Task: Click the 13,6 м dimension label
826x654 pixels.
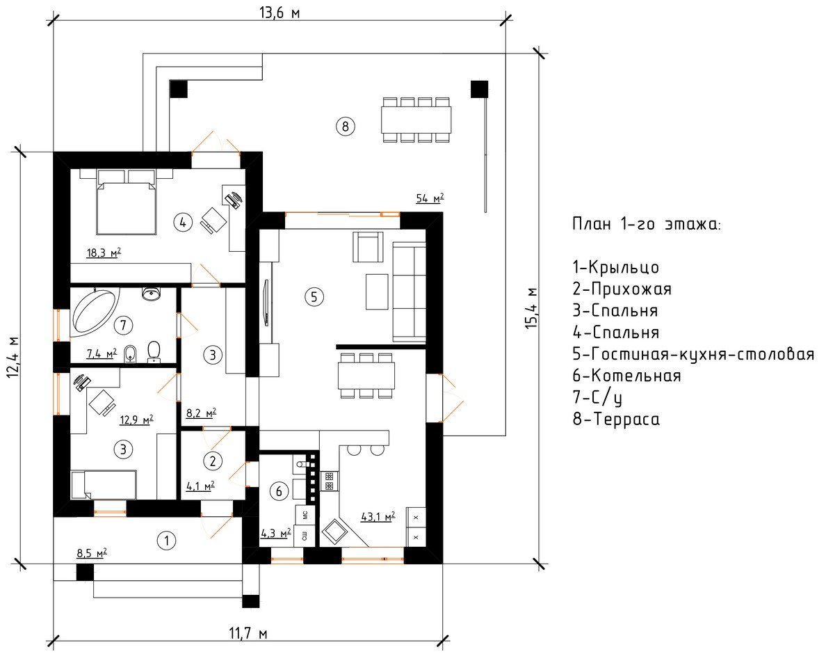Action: click(x=280, y=12)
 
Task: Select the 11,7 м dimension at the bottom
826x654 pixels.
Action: click(x=248, y=632)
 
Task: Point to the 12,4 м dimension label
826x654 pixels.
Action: click(x=13, y=358)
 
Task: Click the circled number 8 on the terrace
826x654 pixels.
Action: click(x=345, y=126)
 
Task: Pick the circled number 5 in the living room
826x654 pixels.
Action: click(x=314, y=296)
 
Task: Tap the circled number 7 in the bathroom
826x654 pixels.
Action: click(x=123, y=325)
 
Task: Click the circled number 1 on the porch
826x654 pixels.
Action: click(x=167, y=540)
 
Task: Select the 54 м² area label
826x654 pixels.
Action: click(x=430, y=198)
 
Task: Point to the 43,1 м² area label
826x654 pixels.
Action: click(x=378, y=516)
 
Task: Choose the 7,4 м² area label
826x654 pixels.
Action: click(x=102, y=353)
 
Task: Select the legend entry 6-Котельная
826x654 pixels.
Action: click(x=626, y=376)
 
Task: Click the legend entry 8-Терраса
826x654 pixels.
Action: click(x=616, y=419)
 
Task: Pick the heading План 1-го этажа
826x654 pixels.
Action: click(x=647, y=224)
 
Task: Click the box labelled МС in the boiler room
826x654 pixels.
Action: click(x=305, y=515)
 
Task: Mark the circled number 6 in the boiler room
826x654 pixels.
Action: click(x=279, y=491)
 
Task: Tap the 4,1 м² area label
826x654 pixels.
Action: click(x=200, y=486)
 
